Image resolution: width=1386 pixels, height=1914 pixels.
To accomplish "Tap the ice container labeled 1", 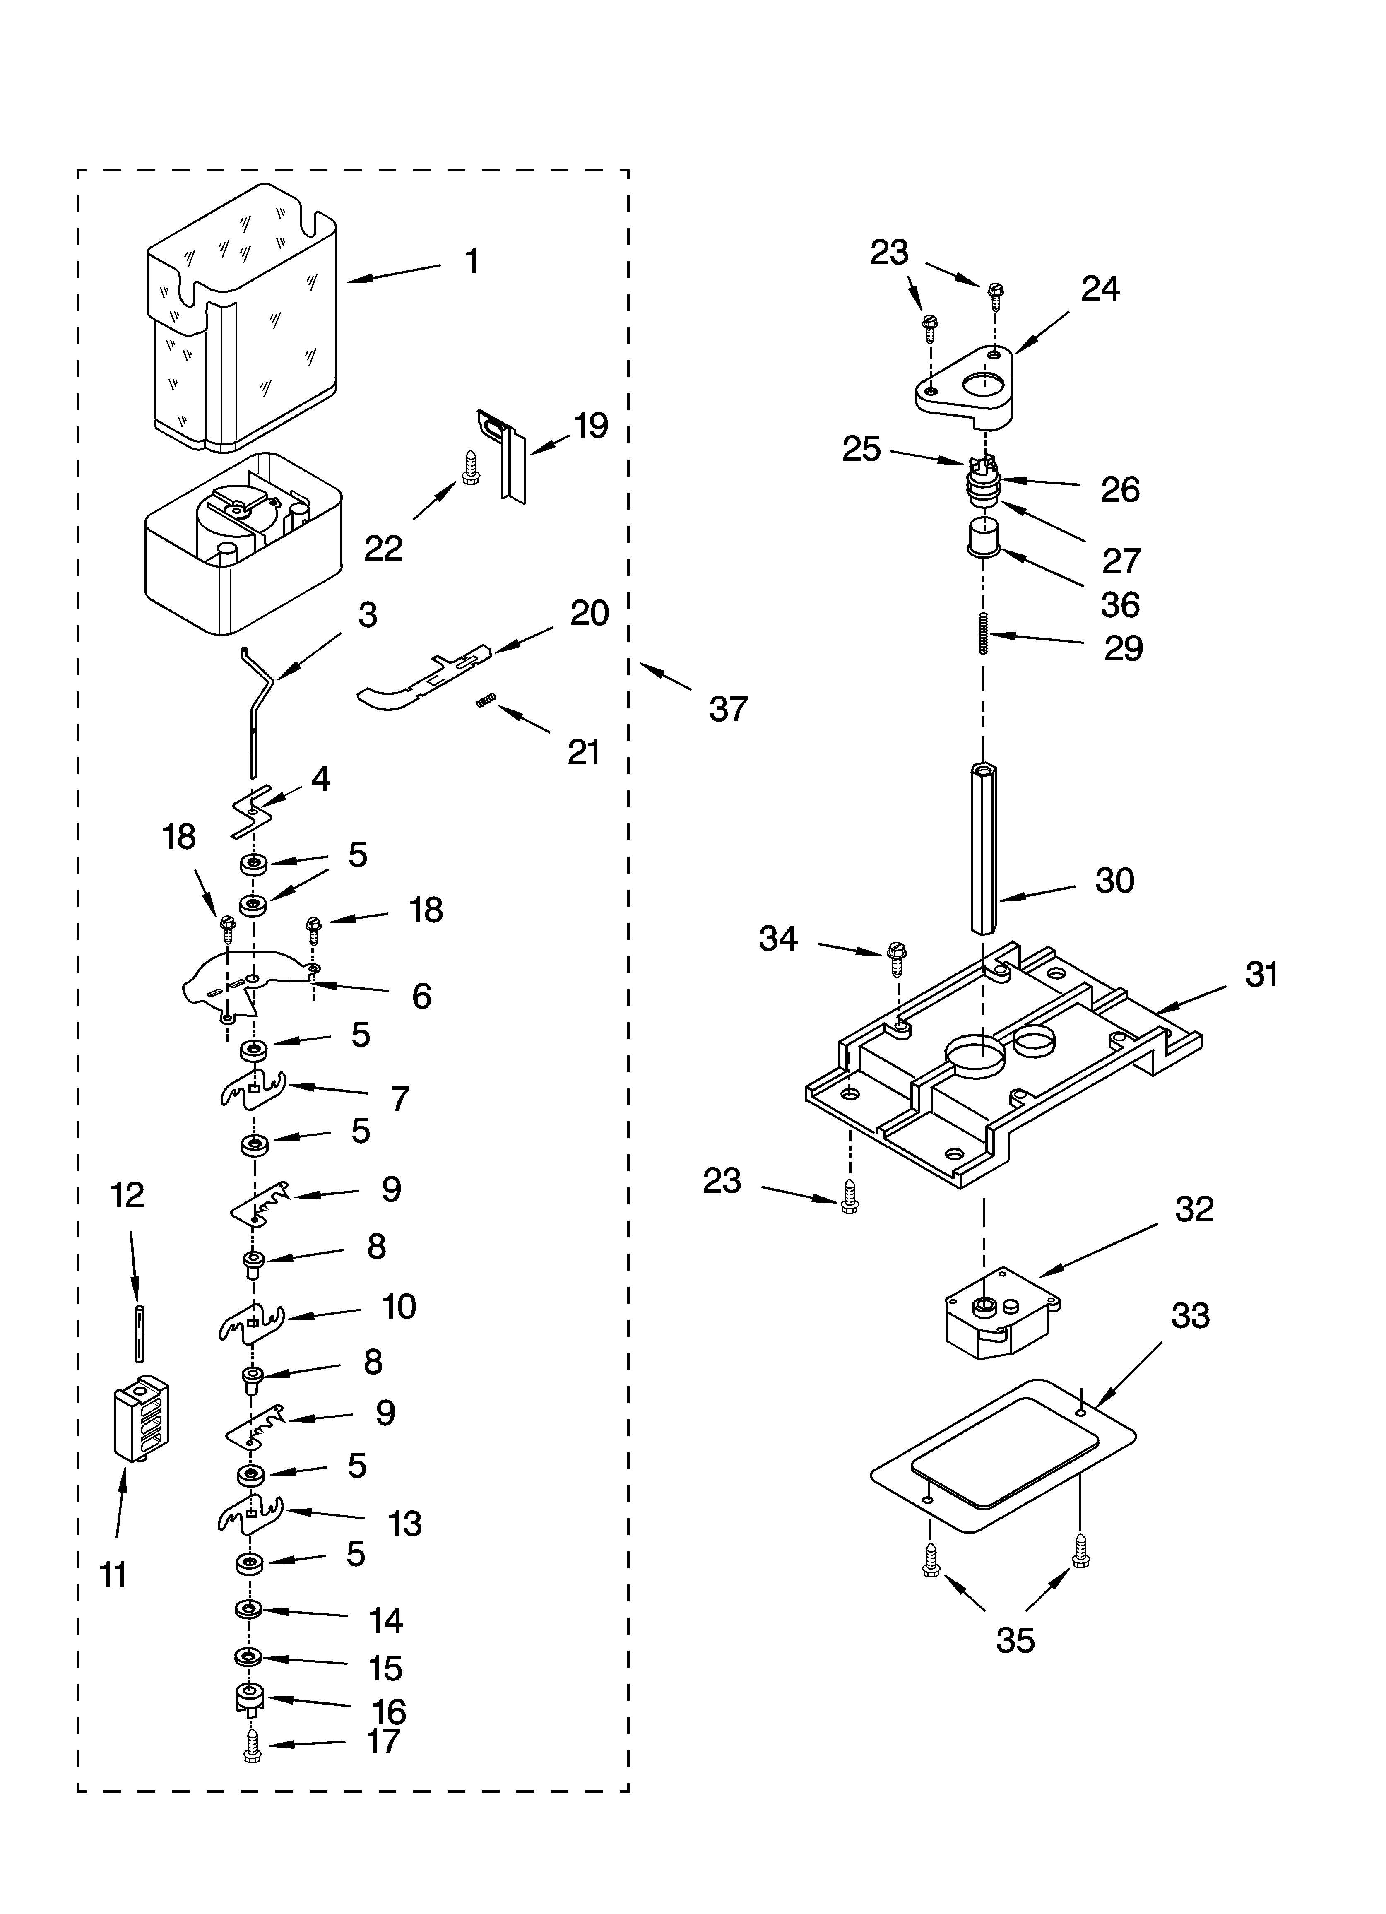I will tap(243, 321).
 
